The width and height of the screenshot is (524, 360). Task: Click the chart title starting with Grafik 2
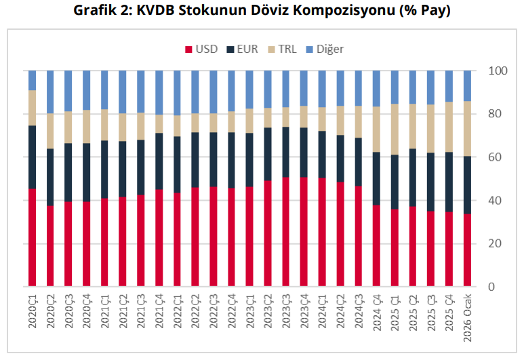(x=262, y=12)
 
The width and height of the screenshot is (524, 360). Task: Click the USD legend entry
(x=201, y=49)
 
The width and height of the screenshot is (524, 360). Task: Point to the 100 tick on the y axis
(x=498, y=71)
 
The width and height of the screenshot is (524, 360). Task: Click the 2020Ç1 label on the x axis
(x=33, y=311)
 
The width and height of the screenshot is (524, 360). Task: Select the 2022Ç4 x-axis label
(x=232, y=311)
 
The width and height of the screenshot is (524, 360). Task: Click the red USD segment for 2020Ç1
(x=33, y=237)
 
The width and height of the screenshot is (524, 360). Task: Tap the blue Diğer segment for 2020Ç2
(x=50, y=92)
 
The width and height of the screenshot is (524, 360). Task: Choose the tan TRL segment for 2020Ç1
(x=33, y=108)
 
